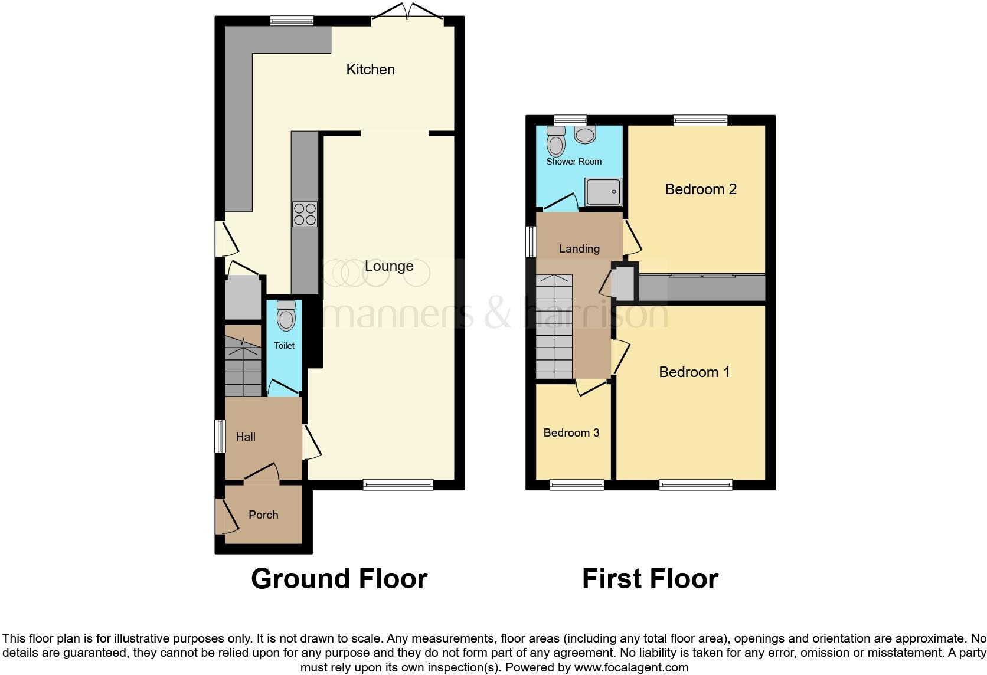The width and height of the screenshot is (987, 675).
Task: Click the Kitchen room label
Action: [x=370, y=70]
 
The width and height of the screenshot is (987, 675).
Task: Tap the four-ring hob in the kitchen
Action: [x=305, y=214]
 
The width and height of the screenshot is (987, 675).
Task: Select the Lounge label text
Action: [x=389, y=266]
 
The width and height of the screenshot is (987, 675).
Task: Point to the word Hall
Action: [x=246, y=437]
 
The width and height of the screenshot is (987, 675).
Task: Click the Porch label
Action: [x=263, y=515]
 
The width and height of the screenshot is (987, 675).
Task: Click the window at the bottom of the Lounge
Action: [x=398, y=485]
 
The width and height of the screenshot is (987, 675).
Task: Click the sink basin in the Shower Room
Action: [x=585, y=136]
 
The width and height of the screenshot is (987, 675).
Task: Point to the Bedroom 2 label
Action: [x=701, y=189]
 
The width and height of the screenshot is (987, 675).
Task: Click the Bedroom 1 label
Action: [x=694, y=372]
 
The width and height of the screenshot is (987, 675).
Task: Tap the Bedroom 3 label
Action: [x=571, y=433]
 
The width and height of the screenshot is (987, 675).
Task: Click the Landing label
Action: [x=579, y=249]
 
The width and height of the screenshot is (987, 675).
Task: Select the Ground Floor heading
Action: [x=339, y=579]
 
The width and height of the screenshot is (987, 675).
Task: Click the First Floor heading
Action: [x=650, y=579]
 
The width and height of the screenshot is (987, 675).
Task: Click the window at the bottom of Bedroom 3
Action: [x=577, y=485]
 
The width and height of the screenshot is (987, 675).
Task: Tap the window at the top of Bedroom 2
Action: [x=701, y=120]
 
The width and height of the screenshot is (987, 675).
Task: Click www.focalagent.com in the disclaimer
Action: [x=631, y=668]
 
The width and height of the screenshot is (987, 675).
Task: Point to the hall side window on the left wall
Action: [x=220, y=436]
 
